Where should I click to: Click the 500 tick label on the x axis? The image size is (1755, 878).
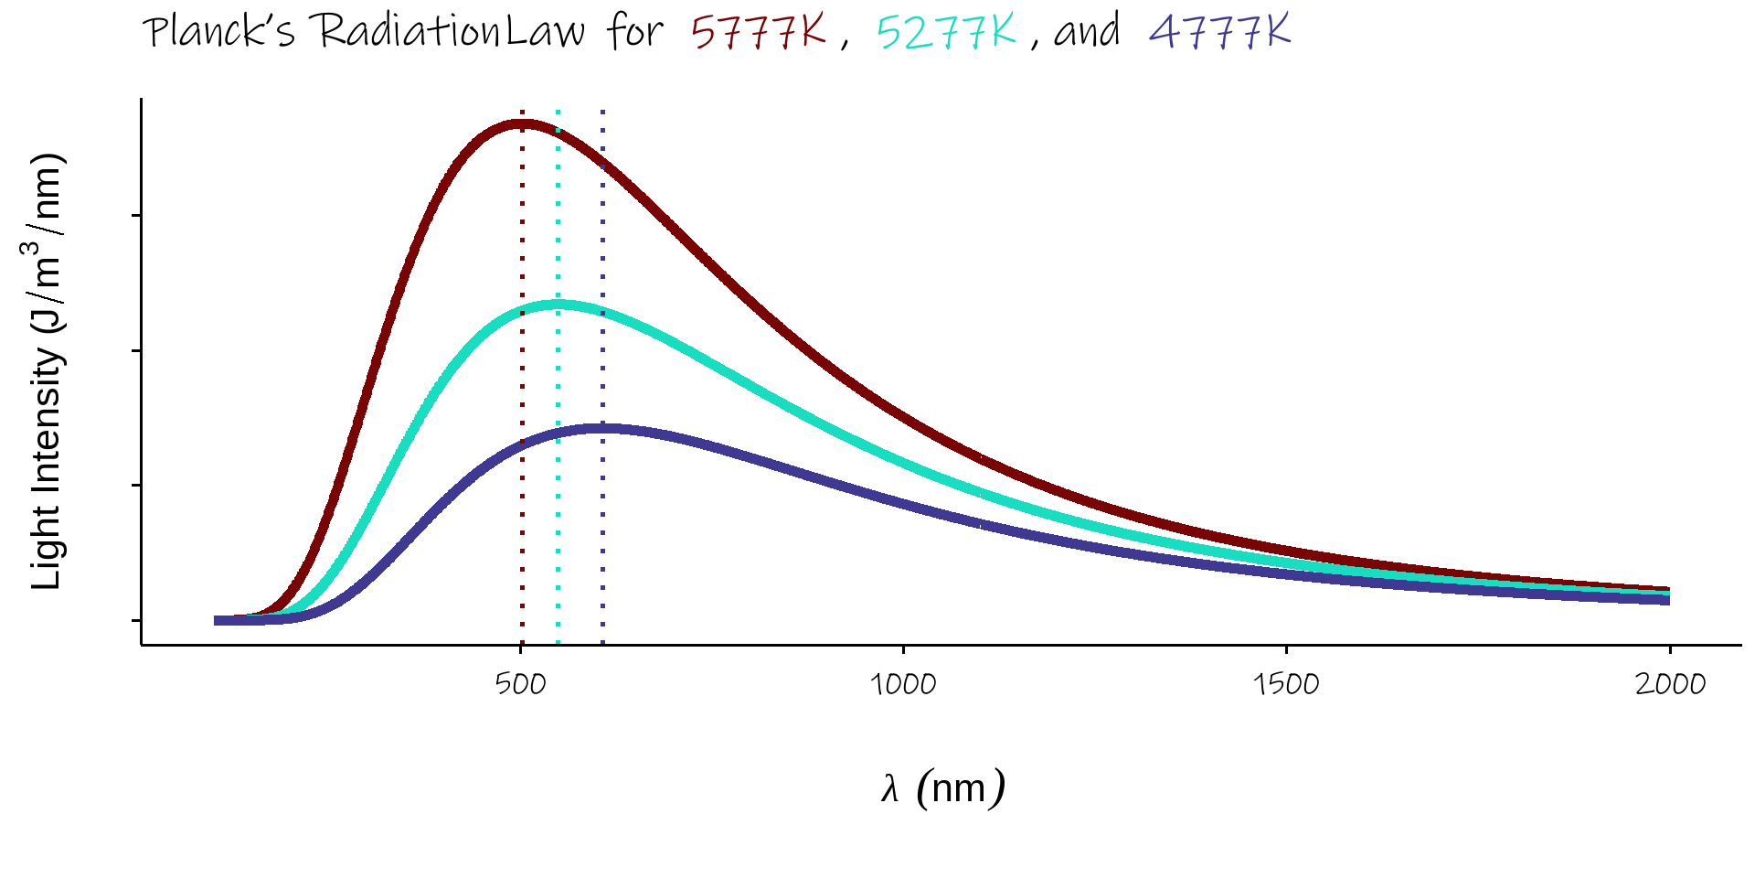pyautogui.click(x=520, y=684)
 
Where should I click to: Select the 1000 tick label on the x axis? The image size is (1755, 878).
pyautogui.click(x=903, y=684)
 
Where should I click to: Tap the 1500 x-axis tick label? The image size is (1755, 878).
pyautogui.click(x=1286, y=684)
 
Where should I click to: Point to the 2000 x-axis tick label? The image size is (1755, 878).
pyautogui.click(x=1670, y=684)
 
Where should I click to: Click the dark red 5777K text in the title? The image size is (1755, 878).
pyautogui.click(x=759, y=32)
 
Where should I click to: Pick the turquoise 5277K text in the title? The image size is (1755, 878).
pyautogui.click(x=946, y=32)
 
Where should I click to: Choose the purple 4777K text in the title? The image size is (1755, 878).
pyautogui.click(x=1219, y=32)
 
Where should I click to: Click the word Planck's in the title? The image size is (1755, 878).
pyautogui.click(x=219, y=32)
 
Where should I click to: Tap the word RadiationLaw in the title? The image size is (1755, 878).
pyautogui.click(x=451, y=32)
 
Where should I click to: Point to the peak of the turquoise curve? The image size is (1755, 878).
pyautogui.click(x=558, y=305)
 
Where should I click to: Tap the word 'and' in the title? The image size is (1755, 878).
pyautogui.click(x=1087, y=32)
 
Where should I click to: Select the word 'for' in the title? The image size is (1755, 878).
pyautogui.click(x=634, y=32)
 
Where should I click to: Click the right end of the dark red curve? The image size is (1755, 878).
pyautogui.click(x=1669, y=590)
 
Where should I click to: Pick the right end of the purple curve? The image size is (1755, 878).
pyautogui.click(x=1669, y=601)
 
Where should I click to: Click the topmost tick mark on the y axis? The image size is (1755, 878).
pyautogui.click(x=137, y=216)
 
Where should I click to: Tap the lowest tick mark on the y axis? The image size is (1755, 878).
pyautogui.click(x=137, y=620)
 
